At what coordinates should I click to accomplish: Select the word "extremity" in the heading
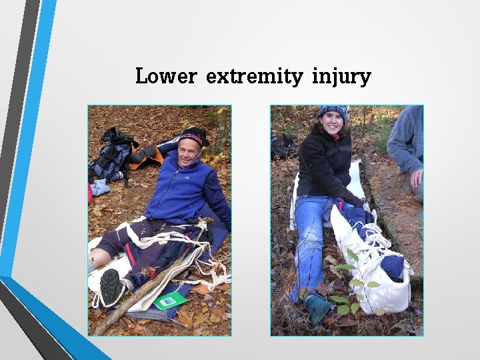pyautogui.click(x=254, y=77)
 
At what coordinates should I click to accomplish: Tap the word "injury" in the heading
pyautogui.click(x=341, y=77)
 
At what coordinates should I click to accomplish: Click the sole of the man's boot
pyautogui.click(x=111, y=287)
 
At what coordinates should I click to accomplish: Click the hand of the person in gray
pyautogui.click(x=416, y=178)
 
